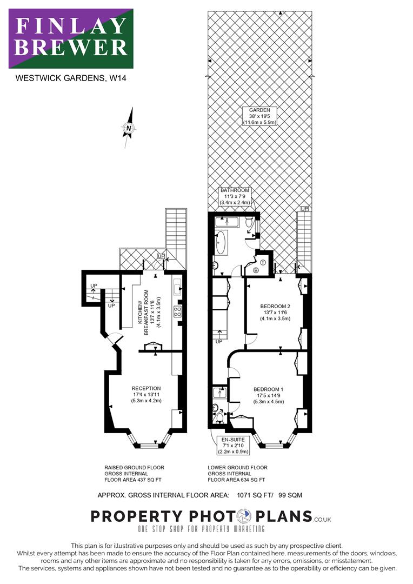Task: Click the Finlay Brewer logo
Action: coord(71,38)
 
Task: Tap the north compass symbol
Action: coord(129,128)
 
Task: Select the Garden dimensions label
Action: coord(259,116)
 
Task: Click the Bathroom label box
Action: coord(235,196)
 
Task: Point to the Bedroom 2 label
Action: coord(275,313)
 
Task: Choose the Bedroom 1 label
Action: coord(269,395)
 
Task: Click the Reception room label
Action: coord(146,394)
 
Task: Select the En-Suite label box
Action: coord(233,446)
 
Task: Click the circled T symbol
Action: coord(263,262)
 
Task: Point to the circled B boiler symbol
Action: coord(256,270)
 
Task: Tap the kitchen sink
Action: coord(177,287)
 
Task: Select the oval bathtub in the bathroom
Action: coord(221,242)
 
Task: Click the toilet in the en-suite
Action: coord(220,417)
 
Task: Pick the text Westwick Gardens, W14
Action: coord(71,78)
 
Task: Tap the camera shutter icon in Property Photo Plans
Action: coord(244,516)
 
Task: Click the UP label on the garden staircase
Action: coord(305,209)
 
